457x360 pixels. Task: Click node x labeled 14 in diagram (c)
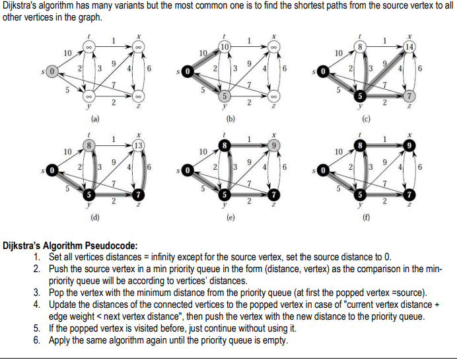[x=410, y=47]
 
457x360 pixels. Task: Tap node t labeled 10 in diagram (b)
[x=225, y=47]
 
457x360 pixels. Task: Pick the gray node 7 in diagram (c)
[x=409, y=96]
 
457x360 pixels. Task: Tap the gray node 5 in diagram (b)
[x=225, y=96]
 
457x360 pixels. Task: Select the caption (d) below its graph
[x=96, y=217]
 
